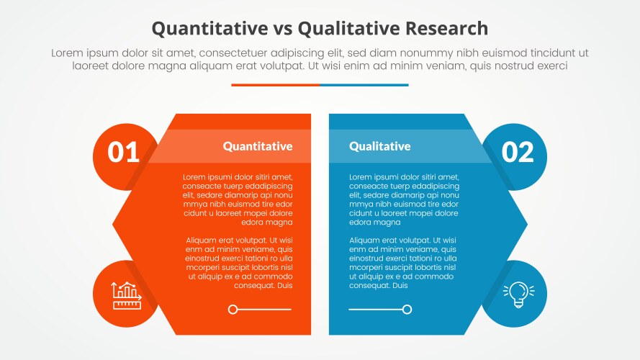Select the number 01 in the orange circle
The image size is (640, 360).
(x=124, y=153)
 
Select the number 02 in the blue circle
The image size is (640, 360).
(x=517, y=153)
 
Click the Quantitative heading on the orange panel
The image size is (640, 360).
(x=258, y=146)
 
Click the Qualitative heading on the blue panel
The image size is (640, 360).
(x=379, y=146)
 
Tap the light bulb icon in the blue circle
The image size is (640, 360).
(x=517, y=294)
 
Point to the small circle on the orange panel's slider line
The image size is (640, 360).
(x=233, y=310)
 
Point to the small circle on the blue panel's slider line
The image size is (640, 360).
(x=407, y=310)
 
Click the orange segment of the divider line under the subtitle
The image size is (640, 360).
(x=275, y=85)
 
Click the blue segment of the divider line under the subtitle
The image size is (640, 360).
(x=364, y=85)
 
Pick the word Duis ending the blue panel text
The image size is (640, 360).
(x=400, y=286)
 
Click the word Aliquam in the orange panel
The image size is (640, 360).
(x=202, y=240)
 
